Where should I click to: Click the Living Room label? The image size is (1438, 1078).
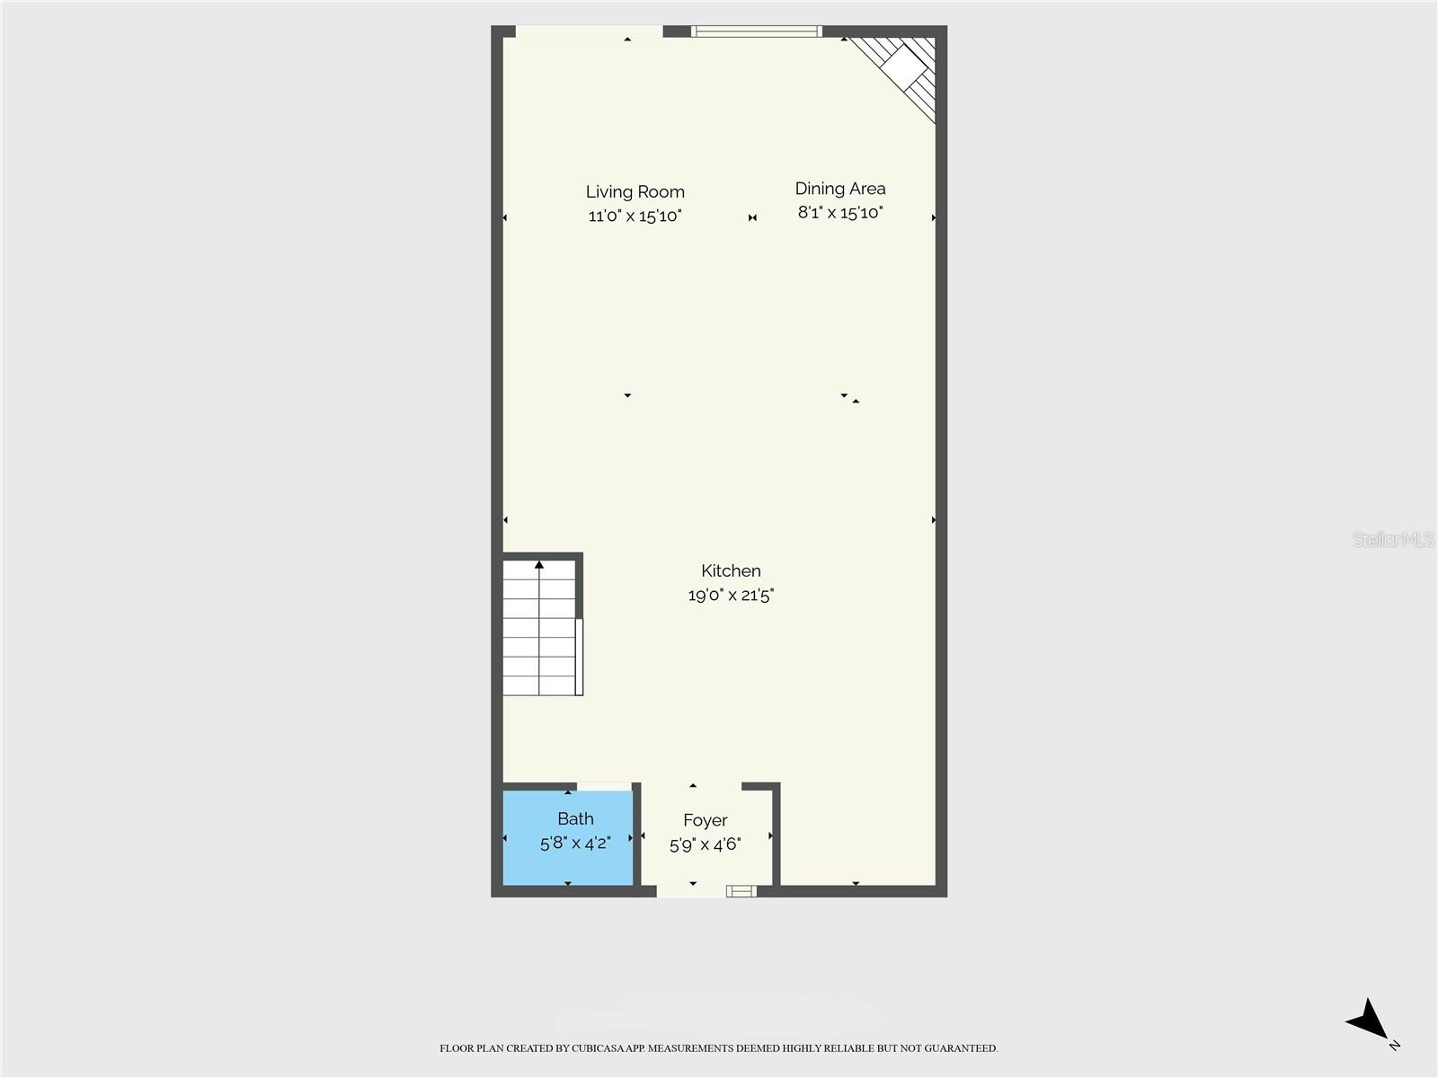click(635, 191)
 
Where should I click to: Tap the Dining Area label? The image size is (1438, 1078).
click(839, 189)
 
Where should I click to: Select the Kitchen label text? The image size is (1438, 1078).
click(731, 570)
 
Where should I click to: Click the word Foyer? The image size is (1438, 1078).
click(705, 821)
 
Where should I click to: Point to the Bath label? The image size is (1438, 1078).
click(575, 818)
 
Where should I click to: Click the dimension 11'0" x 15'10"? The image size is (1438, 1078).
click(635, 216)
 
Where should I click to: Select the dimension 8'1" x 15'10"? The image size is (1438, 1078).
click(839, 213)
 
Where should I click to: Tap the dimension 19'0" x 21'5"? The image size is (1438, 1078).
click(731, 595)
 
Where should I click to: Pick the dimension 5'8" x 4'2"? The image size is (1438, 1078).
click(575, 843)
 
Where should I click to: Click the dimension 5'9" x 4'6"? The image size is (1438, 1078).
click(705, 845)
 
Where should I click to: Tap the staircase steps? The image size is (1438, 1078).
click(539, 628)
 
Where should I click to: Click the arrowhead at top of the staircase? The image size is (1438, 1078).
click(539, 564)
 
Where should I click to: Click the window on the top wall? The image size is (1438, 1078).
click(756, 31)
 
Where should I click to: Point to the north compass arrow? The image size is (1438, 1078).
click(1367, 1020)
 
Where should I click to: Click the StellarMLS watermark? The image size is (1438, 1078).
click(1393, 539)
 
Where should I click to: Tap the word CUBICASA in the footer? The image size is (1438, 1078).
click(598, 1048)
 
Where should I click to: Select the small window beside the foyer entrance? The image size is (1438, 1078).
click(741, 891)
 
